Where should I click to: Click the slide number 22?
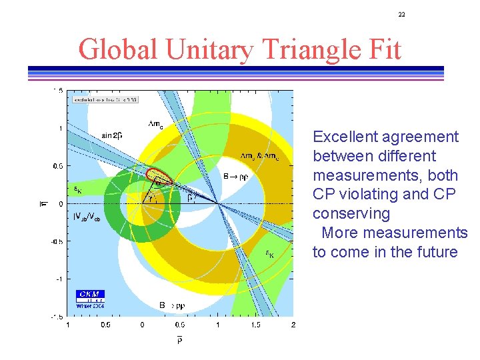(x=402, y=14)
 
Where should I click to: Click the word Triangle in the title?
(x=279, y=49)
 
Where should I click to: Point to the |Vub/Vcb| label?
(x=87, y=217)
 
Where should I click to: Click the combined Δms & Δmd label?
(x=259, y=156)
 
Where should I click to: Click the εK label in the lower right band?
(x=269, y=253)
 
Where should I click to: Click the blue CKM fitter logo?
(x=90, y=294)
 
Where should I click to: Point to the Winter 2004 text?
(x=91, y=305)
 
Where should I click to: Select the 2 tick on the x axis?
(x=293, y=325)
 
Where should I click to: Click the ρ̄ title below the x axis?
(x=180, y=341)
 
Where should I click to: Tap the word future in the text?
(x=435, y=253)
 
